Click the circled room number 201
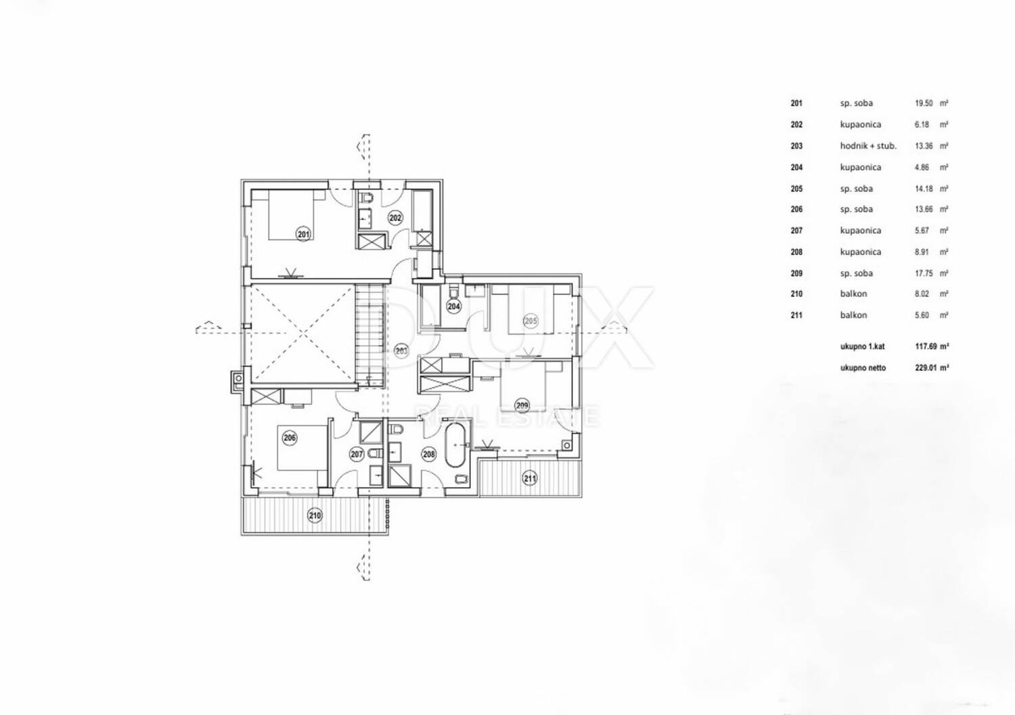[x=304, y=234]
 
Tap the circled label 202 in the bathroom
[x=395, y=218]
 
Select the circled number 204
[x=453, y=306]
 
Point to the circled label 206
[x=289, y=438]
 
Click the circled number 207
[x=357, y=454]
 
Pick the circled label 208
[x=428, y=454]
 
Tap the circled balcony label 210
[x=315, y=515]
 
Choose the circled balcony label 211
[x=530, y=478]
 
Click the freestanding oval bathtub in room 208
[x=455, y=446]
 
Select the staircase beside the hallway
[x=369, y=336]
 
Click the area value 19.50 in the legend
[x=924, y=103]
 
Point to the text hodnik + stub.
[x=868, y=146]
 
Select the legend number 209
[x=796, y=273]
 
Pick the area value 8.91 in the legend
[x=922, y=252]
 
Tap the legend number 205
[x=796, y=189]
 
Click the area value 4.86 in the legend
[x=922, y=168]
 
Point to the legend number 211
[x=796, y=315]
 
